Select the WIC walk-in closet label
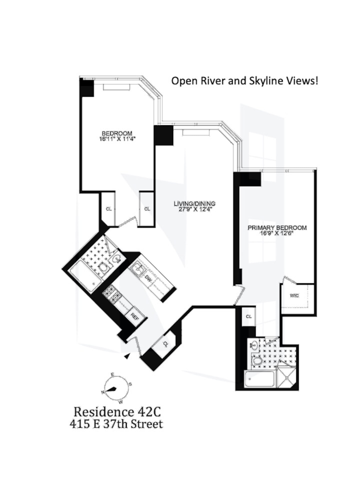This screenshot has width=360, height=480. tap(294, 295)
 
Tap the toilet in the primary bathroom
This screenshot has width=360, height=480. tap(258, 360)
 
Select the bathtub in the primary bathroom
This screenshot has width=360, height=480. tap(259, 380)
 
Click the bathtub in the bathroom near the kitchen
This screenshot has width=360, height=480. tap(82, 277)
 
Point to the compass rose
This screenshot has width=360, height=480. tap(115, 387)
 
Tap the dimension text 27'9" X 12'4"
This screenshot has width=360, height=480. tap(192, 209)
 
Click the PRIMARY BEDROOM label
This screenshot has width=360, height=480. tap(276, 228)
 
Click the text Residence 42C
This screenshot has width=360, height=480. tap(118, 411)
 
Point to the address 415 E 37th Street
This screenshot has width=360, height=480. tap(118, 424)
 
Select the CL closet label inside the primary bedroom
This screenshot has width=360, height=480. tap(249, 316)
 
